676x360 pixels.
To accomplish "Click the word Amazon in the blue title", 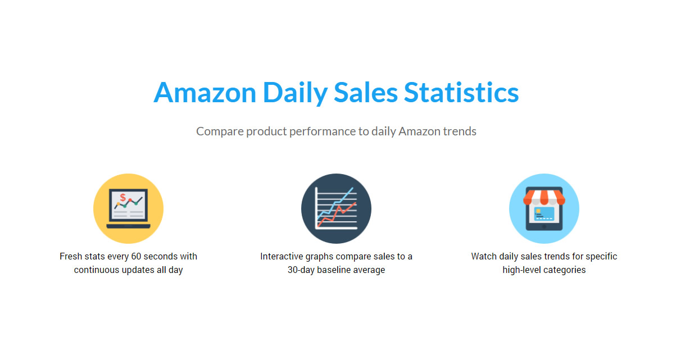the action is point(205,93).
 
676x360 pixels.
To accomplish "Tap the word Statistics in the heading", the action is point(461,93).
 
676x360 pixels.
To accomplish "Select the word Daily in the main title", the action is point(295,93).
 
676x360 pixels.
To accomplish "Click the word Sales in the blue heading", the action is point(365,93).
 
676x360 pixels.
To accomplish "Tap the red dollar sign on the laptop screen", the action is point(123,198).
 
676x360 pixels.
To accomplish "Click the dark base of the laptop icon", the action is point(128,226).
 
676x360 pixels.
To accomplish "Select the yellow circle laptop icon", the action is point(128,209).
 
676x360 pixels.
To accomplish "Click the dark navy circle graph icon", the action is point(336,209).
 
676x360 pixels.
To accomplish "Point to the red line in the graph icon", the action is point(337,215).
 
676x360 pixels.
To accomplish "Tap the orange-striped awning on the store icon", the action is point(544,197).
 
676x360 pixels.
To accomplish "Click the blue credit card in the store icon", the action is point(544,214).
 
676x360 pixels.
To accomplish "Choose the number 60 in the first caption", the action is point(136,256).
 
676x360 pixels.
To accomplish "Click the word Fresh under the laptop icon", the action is point(71,256).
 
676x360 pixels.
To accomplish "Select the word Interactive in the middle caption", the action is point(282,256).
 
